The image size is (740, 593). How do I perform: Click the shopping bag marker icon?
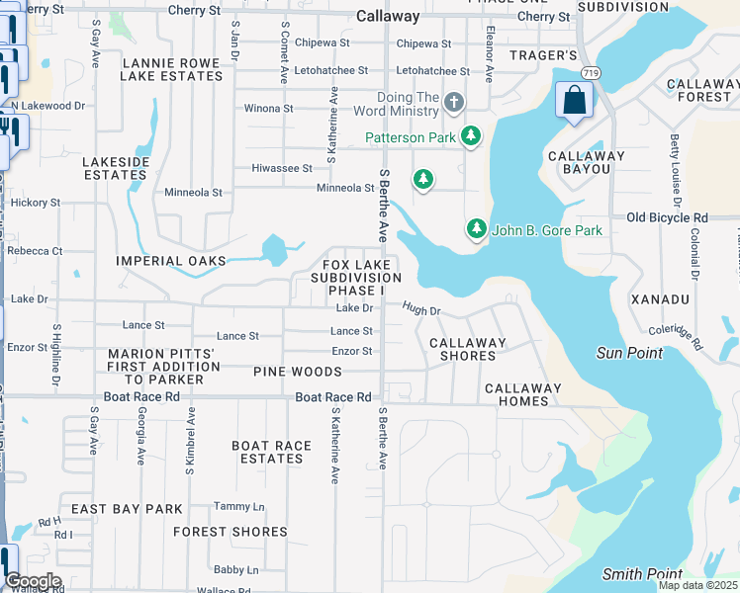click(x=575, y=100)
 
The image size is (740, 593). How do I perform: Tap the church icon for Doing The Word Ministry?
click(x=454, y=102)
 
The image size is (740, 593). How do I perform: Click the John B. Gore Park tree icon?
click(x=477, y=229)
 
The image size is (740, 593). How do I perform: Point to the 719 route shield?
click(x=591, y=73)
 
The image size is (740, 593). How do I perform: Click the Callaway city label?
click(x=388, y=17)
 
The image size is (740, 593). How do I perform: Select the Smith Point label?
click(x=642, y=574)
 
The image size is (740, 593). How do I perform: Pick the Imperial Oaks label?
click(x=171, y=261)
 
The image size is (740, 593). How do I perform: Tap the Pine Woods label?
click(x=298, y=372)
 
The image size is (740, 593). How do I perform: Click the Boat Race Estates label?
click(x=272, y=452)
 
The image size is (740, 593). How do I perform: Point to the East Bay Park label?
click(x=127, y=509)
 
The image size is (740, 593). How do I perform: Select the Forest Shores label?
click(x=231, y=532)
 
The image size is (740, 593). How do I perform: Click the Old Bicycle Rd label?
click(x=668, y=217)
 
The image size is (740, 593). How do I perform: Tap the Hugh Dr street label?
click(x=420, y=309)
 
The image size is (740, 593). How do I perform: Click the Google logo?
click(x=33, y=581)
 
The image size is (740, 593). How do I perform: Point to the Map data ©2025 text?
click(x=697, y=585)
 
